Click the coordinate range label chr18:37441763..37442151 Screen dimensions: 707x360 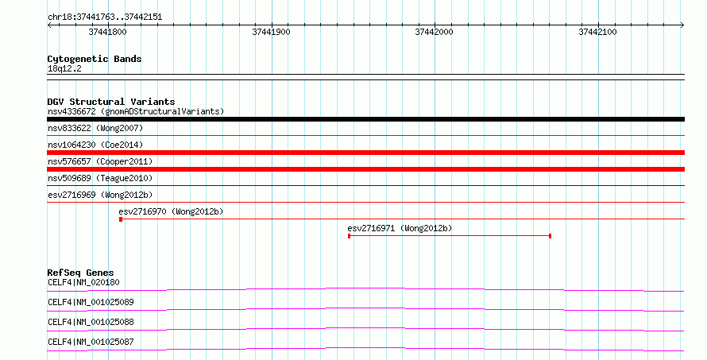[105, 17]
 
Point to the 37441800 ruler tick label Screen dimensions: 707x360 [108, 32]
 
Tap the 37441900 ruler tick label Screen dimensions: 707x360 [272, 32]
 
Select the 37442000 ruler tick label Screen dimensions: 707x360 [435, 32]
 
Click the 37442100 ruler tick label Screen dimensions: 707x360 [598, 32]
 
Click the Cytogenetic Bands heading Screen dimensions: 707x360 [95, 59]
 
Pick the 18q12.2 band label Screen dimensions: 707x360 [64, 68]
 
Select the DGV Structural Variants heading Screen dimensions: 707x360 [111, 102]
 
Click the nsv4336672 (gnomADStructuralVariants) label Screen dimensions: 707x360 [136, 111]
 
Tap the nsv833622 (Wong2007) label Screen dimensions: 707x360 [95, 128]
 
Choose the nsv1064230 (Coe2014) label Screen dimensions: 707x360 [95, 145]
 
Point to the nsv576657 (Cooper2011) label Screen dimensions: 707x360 [100, 161]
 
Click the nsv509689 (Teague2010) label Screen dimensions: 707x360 [100, 178]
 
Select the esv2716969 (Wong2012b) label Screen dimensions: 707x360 [100, 195]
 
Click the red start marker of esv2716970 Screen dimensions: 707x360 [121, 219]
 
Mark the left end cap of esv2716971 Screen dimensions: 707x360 [349, 236]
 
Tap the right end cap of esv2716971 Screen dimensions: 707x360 [550, 236]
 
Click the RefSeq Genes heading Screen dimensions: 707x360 [81, 273]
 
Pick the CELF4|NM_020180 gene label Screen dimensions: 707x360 [84, 282]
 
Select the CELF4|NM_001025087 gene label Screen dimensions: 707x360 [91, 342]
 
